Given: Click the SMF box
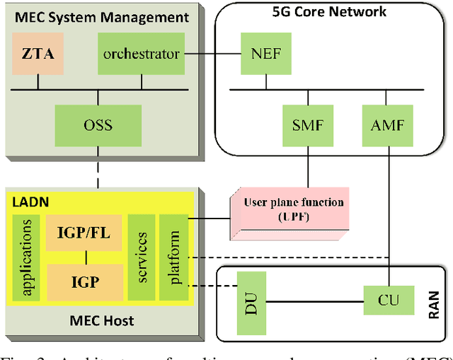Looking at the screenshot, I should (307, 125).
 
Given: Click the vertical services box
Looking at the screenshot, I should (141, 257).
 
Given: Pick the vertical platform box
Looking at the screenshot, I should (174, 257).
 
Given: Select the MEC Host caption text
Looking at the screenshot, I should (101, 321).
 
